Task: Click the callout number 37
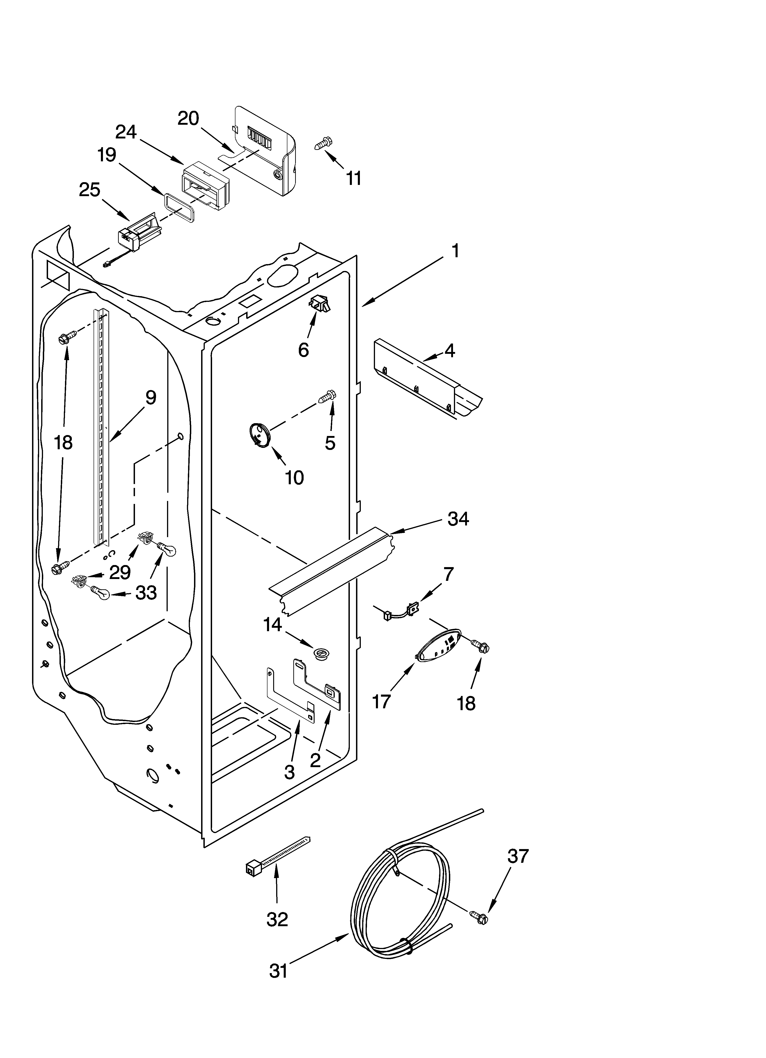518,856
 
